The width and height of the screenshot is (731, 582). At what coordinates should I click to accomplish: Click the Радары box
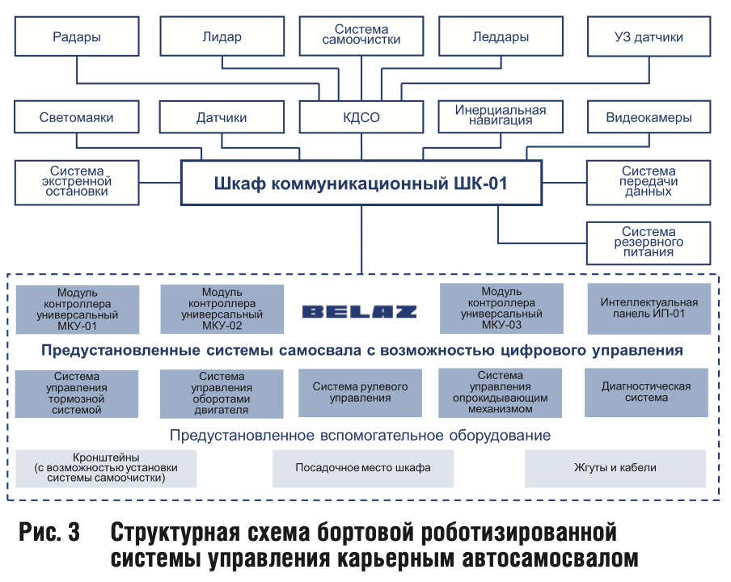77,36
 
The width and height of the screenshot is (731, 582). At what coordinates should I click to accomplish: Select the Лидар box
222,36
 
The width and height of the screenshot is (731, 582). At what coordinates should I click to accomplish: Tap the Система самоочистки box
361,36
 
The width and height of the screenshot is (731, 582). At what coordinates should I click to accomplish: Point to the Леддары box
501,36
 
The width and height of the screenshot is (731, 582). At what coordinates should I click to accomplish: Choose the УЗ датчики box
649,36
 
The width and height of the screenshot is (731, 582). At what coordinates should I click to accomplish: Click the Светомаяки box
77,116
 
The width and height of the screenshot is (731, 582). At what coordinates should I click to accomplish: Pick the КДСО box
361,116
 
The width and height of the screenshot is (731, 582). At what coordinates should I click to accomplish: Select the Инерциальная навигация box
501,116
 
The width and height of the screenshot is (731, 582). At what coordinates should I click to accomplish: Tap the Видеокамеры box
649,116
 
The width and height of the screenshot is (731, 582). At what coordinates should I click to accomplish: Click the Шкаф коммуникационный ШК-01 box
361,183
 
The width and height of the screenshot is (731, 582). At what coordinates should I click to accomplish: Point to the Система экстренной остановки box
77,183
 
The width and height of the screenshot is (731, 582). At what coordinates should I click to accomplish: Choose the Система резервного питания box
649,243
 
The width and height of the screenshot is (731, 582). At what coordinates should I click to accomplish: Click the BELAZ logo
360,312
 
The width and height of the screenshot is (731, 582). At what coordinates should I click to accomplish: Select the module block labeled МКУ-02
222,309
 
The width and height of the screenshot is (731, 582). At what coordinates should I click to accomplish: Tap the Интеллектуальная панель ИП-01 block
649,309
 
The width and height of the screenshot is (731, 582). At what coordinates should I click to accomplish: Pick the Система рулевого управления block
360,393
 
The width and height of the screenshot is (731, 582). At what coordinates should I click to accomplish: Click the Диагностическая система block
646,392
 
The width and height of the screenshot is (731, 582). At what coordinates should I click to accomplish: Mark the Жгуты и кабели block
615,468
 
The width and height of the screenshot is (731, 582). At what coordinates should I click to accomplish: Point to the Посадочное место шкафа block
363,468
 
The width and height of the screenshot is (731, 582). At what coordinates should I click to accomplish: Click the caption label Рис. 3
49,532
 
